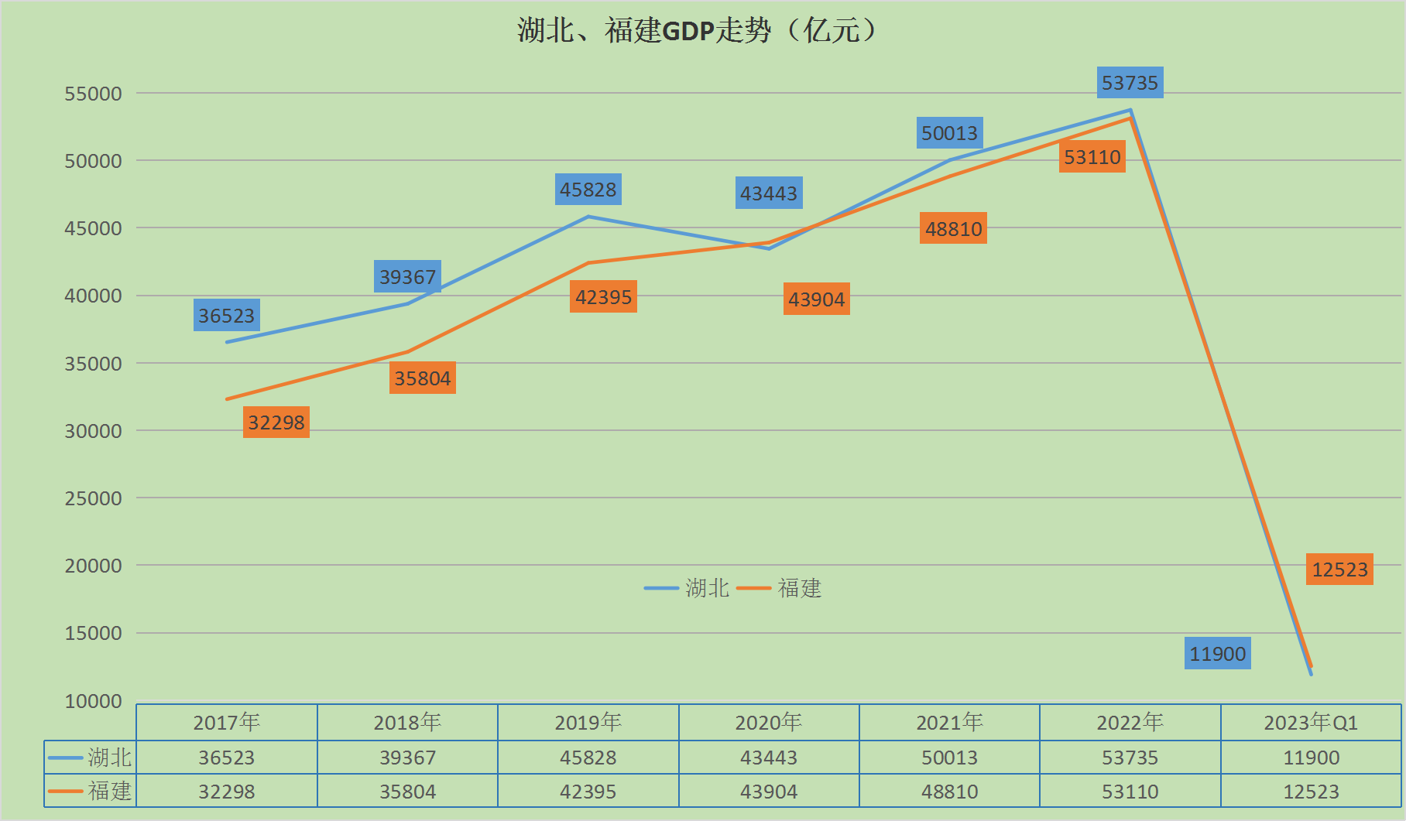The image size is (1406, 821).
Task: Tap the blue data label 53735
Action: (x=1130, y=83)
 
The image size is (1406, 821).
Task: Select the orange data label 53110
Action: (x=1092, y=157)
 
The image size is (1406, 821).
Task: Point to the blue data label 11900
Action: (x=1217, y=654)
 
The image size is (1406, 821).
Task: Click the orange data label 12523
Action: (x=1339, y=570)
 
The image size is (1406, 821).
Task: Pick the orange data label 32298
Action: (x=276, y=422)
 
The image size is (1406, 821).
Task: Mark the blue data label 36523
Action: (x=226, y=316)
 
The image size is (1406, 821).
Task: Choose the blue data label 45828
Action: (x=588, y=190)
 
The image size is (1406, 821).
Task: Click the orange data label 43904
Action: (x=816, y=299)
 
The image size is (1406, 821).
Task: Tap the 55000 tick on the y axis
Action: (x=93, y=94)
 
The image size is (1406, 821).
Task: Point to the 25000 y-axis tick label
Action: (x=93, y=498)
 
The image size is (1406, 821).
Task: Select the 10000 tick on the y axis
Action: (x=93, y=701)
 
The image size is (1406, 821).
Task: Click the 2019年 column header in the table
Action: (x=588, y=723)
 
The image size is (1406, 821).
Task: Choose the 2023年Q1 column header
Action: (x=1311, y=723)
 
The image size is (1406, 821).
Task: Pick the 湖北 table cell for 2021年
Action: (x=949, y=758)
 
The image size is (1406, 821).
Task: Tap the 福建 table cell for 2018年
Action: (x=407, y=792)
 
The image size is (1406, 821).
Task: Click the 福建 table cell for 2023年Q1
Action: (x=1311, y=792)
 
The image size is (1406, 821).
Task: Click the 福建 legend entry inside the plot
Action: (x=779, y=588)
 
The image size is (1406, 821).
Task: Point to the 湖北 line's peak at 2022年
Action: (x=1130, y=110)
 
